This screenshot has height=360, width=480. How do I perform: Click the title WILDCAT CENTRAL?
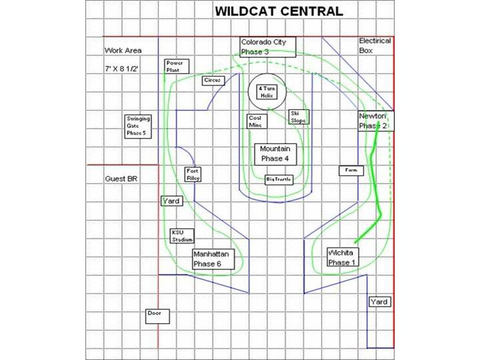[279, 11]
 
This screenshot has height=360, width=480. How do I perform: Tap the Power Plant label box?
[177, 66]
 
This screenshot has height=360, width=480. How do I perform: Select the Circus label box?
[213, 80]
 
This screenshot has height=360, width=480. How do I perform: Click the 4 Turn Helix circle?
[267, 92]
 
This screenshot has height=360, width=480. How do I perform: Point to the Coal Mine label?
[257, 121]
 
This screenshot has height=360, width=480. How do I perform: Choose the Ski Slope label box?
[298, 117]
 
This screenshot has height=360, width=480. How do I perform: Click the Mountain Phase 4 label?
[274, 154]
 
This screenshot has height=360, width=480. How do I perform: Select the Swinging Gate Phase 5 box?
[139, 126]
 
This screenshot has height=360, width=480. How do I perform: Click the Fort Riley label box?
[192, 175]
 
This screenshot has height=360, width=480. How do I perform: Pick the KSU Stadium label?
[183, 236]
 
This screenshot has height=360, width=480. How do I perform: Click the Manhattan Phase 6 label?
[212, 259]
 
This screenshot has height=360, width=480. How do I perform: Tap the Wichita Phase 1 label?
[343, 257]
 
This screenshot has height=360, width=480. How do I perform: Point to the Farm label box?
[351, 170]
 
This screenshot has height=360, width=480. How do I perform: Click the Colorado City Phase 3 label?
[264, 47]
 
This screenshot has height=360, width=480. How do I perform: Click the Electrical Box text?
[375, 45]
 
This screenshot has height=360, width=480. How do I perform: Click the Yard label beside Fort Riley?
[171, 201]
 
